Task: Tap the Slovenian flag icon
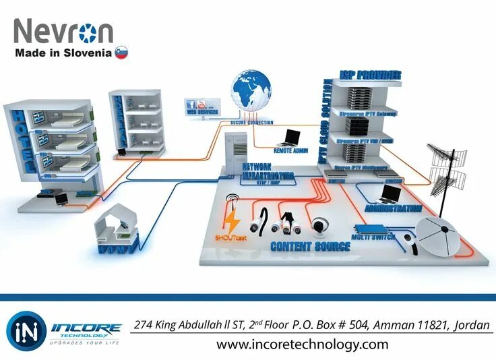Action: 121,53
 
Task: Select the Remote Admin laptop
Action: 291,138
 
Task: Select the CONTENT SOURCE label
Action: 310,247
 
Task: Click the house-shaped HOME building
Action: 118,226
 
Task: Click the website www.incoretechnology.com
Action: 302,344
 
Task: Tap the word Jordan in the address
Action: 472,325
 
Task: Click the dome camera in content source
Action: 320,225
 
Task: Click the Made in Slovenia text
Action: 63,53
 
